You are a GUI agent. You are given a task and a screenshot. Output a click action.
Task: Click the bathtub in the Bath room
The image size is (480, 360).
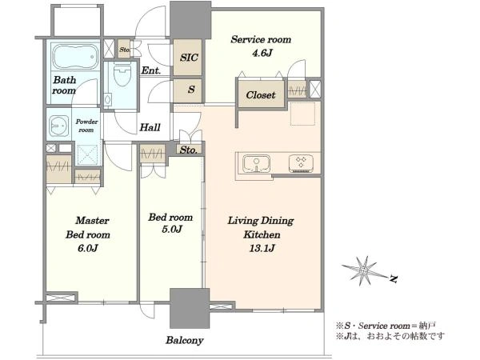point(76,56)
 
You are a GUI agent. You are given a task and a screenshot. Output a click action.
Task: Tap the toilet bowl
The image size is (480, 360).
point(122,74)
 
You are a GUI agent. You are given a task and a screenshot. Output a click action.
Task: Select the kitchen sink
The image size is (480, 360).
point(256,164)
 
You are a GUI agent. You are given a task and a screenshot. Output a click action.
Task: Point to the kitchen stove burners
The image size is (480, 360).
point(301,163)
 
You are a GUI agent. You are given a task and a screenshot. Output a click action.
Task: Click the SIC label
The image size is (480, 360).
point(189,58)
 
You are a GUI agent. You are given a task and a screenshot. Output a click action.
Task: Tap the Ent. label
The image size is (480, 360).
point(150,70)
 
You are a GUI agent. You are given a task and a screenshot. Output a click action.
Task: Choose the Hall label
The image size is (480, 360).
point(150,127)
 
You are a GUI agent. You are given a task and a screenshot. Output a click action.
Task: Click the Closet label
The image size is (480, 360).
point(261,95)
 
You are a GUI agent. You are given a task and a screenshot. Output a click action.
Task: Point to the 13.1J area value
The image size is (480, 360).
point(262,248)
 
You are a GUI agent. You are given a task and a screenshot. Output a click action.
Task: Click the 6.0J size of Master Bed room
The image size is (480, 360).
point(88,248)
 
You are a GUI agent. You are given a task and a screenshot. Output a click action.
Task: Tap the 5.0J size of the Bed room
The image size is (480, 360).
point(172,229)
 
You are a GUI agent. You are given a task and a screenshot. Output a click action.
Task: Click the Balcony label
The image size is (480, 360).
point(185,340)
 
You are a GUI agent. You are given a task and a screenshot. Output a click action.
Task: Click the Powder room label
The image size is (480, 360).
point(86,126)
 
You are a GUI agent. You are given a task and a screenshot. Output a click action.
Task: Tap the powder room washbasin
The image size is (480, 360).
point(59,126)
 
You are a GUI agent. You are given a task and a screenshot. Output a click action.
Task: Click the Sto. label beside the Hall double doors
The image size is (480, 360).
point(188,150)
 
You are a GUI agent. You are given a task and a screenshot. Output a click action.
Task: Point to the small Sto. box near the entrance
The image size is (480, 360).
point(124,49)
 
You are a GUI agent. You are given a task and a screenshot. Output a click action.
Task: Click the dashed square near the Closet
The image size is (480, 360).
point(302,114)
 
